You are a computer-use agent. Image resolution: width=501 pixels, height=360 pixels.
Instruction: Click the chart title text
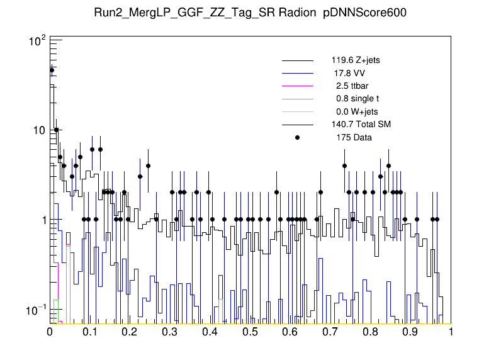pos(250,14)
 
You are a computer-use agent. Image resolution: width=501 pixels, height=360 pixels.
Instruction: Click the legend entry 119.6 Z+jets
pos(356,61)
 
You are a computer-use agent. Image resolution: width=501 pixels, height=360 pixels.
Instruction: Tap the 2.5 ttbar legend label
pos(352,86)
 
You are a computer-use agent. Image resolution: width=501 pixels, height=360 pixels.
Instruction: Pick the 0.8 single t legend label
pos(357,99)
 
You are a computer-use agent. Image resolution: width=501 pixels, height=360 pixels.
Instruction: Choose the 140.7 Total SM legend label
pos(361,125)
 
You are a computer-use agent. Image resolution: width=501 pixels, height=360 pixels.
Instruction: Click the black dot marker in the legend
pos(298,137)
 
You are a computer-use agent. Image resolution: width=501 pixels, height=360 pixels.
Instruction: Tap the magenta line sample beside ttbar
pos(298,86)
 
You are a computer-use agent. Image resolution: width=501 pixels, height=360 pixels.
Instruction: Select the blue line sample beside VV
pos(298,74)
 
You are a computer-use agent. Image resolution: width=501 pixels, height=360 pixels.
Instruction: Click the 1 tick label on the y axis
pos(43,220)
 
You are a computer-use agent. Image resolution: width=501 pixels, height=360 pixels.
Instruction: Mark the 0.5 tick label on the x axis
pos(250,332)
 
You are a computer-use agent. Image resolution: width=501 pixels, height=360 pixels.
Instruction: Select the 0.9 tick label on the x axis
pos(411,332)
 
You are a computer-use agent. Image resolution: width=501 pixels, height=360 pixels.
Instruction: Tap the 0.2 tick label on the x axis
pos(130,332)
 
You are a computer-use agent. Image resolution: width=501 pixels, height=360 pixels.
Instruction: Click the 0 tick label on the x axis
pos(50,332)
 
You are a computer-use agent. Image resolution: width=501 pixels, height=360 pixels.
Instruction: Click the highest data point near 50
pos(52,70)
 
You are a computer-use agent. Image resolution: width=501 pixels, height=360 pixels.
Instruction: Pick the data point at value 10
pos(56,130)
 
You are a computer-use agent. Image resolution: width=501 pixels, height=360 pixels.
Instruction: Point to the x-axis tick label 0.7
pos(331,332)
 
